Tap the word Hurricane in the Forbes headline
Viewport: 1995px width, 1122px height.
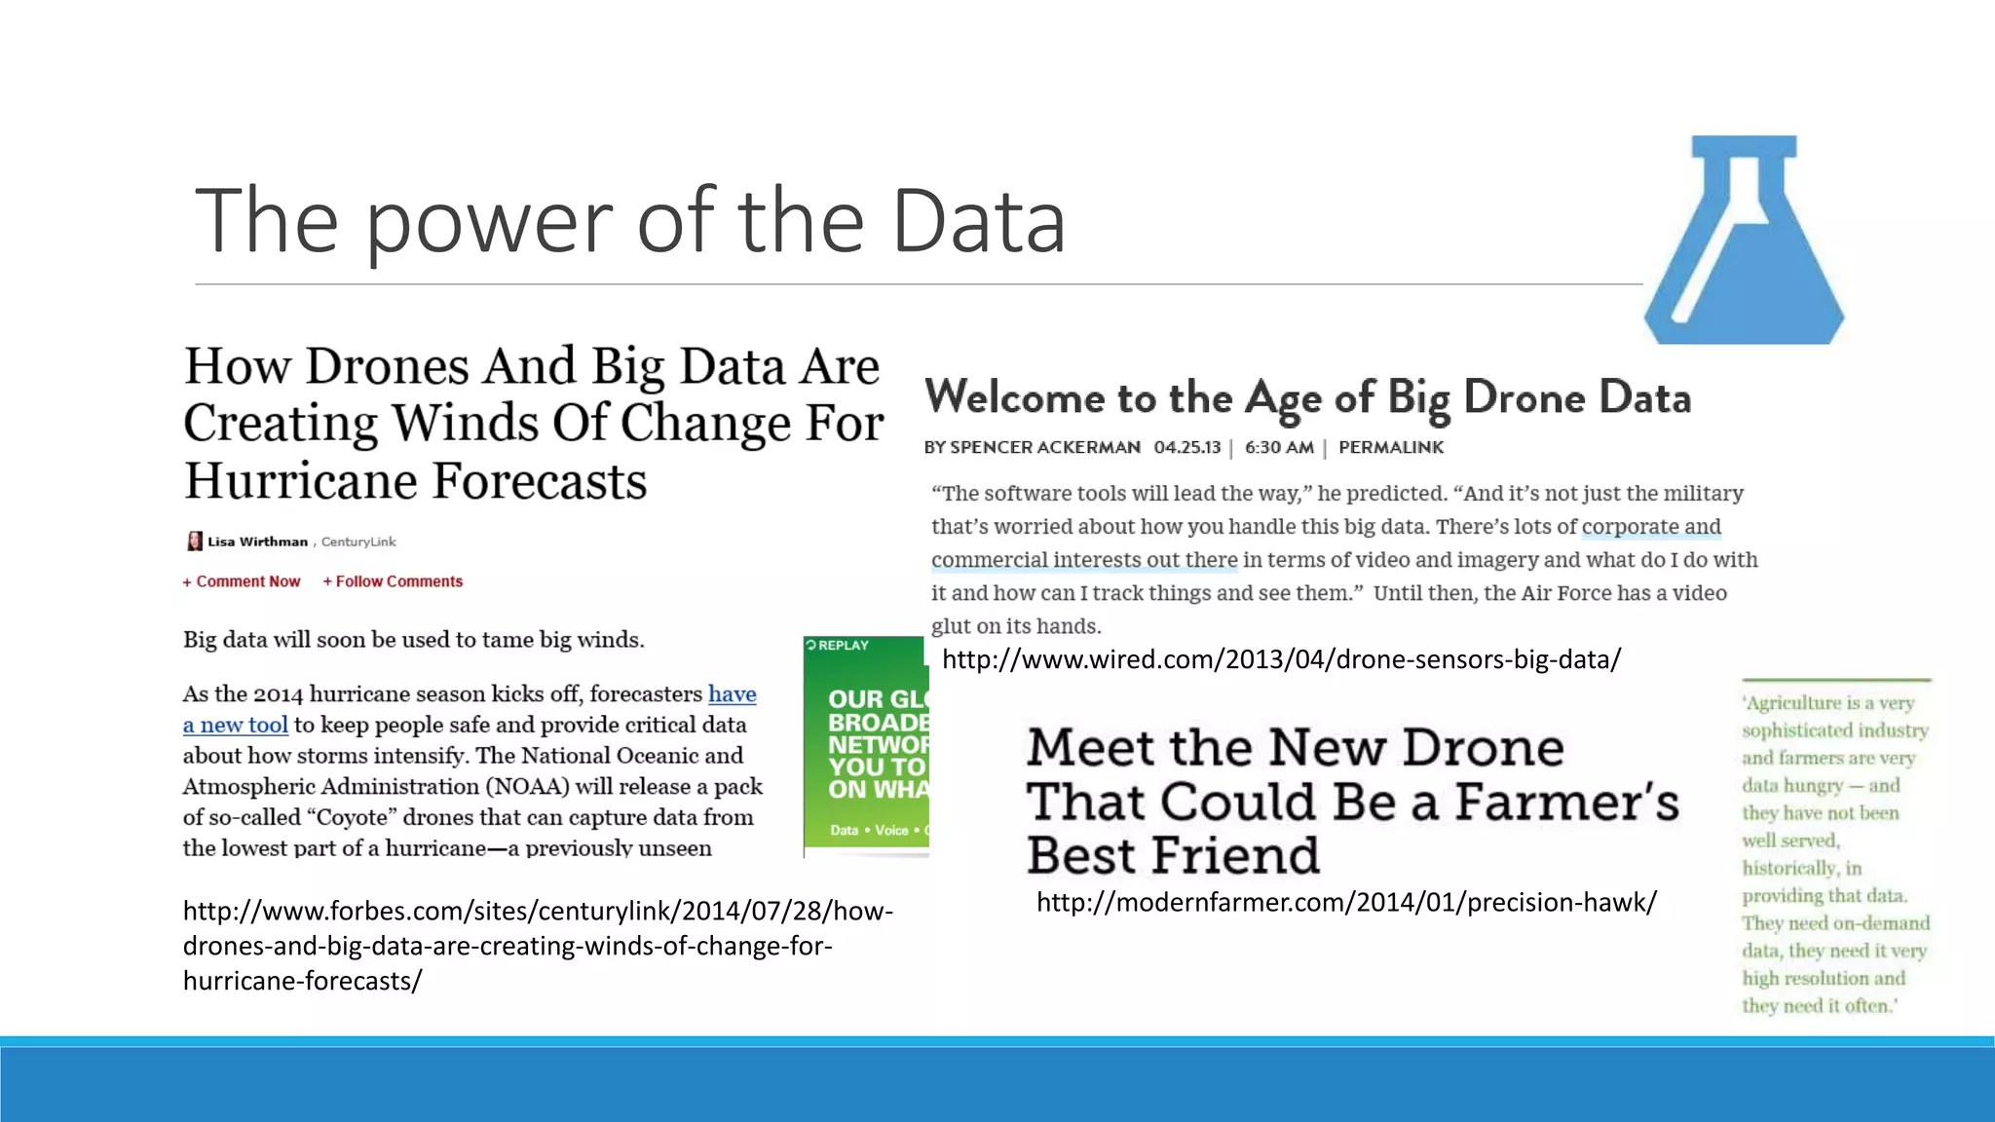pos(302,481)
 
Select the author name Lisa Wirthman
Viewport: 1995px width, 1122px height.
pos(257,542)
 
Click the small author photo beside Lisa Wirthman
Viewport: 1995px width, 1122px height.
pos(195,542)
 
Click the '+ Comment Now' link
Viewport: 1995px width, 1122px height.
pos(242,581)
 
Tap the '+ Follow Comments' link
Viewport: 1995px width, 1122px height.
pos(393,581)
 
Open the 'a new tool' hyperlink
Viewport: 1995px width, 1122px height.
pos(236,725)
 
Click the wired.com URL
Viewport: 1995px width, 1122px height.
pos(1281,659)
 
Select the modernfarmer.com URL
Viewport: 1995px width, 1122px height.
pos(1346,902)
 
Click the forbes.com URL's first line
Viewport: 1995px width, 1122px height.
pos(538,911)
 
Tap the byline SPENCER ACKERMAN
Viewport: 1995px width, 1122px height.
pos(1044,447)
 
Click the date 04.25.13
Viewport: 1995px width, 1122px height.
pos(1186,447)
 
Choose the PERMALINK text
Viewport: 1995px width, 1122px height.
pos(1391,447)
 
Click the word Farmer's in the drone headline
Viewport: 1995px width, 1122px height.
pos(1566,803)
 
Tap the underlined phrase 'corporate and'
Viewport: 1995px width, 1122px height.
pos(1651,527)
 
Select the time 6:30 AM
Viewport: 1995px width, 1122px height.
pos(1278,447)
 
